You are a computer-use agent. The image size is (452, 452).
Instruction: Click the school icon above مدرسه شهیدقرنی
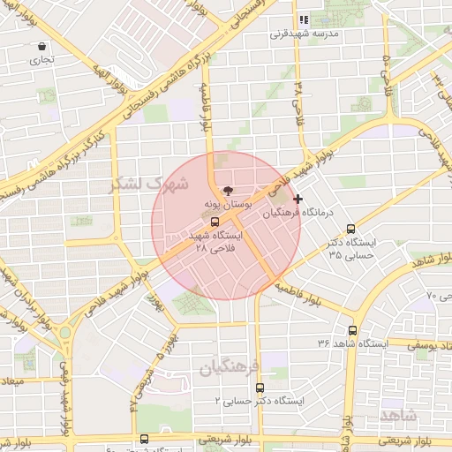tap(303, 19)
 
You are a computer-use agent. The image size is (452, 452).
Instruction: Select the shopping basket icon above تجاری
tap(41, 46)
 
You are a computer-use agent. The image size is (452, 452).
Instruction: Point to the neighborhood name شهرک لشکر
tap(148, 184)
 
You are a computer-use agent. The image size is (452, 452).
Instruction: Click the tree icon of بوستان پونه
tap(227, 190)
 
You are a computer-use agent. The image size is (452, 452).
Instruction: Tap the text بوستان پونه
tap(228, 204)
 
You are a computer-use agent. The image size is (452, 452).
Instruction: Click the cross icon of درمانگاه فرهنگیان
tap(298, 200)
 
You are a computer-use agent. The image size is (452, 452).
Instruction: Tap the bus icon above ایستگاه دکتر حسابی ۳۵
tap(351, 228)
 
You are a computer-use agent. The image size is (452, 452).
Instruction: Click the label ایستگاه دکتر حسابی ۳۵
tap(351, 248)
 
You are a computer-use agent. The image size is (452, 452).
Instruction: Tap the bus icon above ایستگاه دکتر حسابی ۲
tap(260, 388)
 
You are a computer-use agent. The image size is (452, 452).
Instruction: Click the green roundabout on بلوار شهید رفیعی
tap(64, 333)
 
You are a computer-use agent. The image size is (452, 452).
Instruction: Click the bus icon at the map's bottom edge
tap(145, 439)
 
